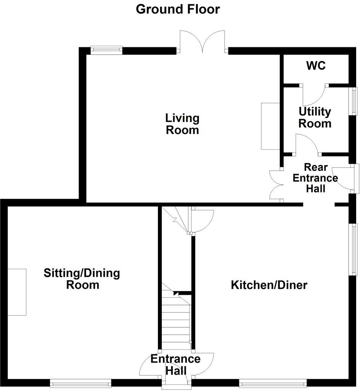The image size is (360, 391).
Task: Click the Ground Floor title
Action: [178, 9]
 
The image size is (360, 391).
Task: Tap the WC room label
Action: [316, 66]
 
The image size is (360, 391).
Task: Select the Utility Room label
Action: [315, 118]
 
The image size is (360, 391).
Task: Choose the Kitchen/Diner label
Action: [269, 285]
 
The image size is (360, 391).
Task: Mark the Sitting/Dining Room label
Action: [82, 279]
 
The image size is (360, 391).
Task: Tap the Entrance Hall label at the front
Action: [175, 365]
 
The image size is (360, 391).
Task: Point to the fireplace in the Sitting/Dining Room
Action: [17, 292]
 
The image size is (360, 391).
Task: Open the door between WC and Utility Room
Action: [314, 95]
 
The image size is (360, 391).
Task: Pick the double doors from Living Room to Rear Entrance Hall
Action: [276, 184]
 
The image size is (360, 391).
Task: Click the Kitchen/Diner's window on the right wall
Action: [354, 249]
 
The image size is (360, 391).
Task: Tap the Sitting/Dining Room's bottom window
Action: [80, 382]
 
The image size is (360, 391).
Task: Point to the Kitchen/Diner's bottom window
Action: [273, 382]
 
